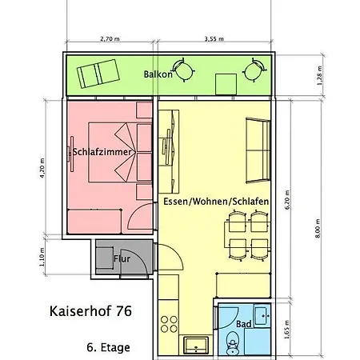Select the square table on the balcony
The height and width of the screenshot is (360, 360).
(226, 82)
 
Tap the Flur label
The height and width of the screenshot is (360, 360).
(122, 259)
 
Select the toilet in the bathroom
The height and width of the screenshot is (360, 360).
(233, 342)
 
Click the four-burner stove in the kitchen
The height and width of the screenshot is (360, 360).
(170, 324)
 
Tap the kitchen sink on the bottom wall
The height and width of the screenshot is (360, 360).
(194, 346)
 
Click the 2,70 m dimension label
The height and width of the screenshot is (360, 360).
(110, 38)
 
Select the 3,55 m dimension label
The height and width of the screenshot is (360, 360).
(214, 38)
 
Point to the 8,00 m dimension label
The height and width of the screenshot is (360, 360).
(318, 227)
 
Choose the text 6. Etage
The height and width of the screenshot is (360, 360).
(107, 347)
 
